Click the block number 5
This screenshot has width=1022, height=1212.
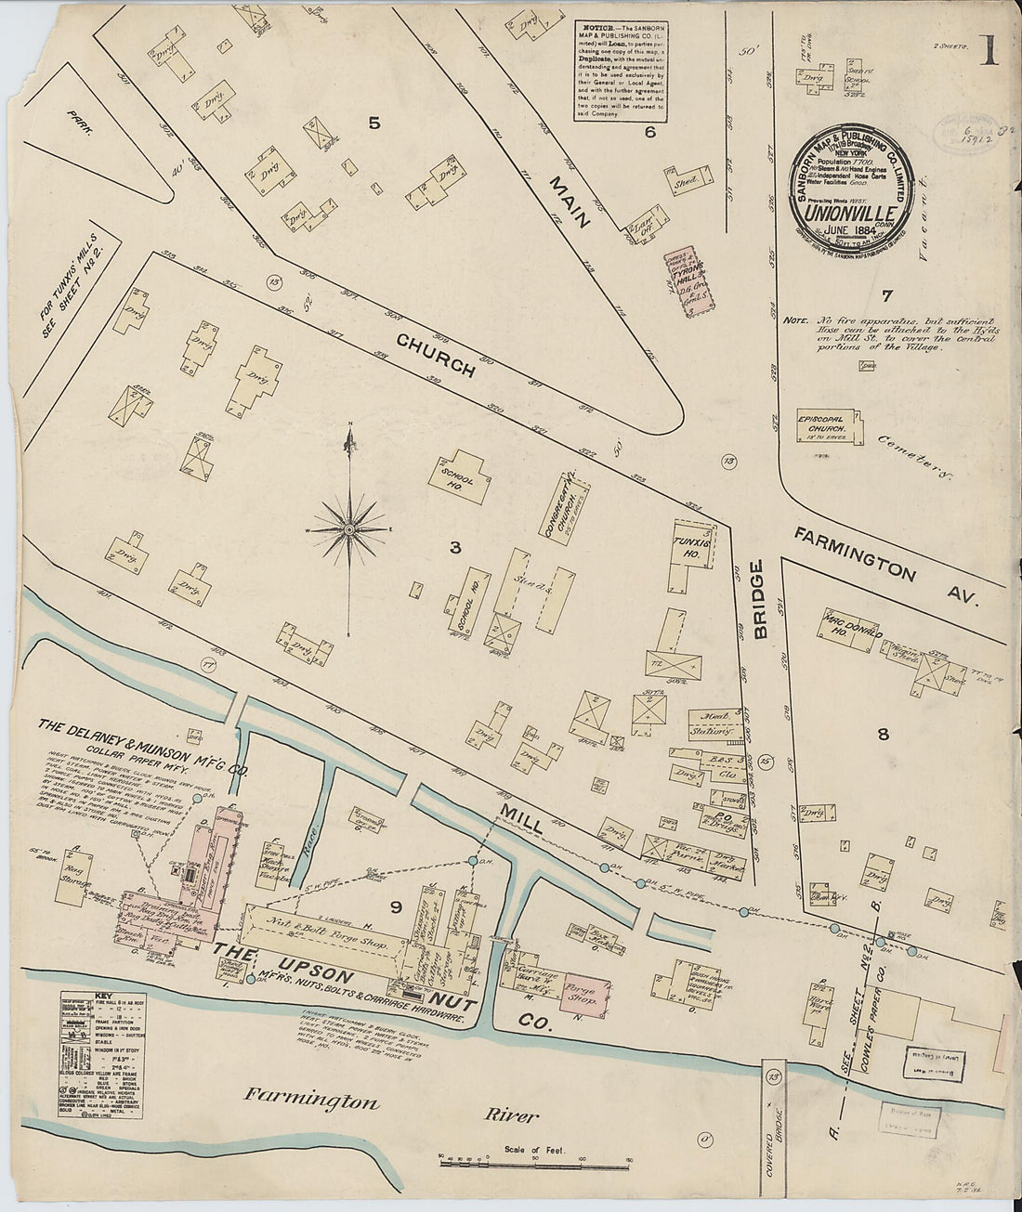pos(373,123)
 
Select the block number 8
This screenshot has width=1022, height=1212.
pos(883,735)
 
